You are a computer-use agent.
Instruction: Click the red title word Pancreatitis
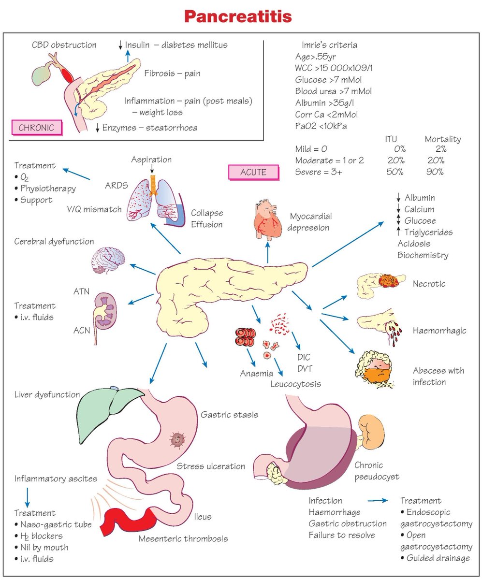click(x=238, y=17)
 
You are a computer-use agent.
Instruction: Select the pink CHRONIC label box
click(x=36, y=128)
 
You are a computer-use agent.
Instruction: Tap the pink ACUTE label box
click(x=253, y=172)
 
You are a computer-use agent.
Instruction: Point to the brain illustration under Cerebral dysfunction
click(x=108, y=261)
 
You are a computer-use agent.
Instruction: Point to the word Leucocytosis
click(x=296, y=384)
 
